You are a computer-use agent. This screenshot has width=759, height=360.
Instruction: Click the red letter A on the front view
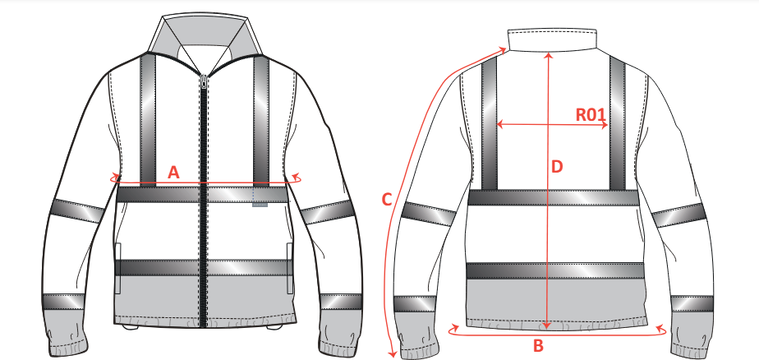(x=173, y=173)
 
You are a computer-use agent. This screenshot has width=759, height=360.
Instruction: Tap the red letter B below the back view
(x=538, y=346)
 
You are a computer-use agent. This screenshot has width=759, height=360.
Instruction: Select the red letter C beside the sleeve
(x=386, y=200)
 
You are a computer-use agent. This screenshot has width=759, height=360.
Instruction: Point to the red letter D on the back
(x=557, y=167)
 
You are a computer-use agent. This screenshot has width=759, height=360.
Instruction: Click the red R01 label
(x=591, y=115)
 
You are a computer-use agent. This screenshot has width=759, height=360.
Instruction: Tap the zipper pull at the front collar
(x=204, y=81)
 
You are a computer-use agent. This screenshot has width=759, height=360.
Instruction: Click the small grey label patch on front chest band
(x=260, y=205)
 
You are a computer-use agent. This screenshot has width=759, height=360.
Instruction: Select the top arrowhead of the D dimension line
(x=548, y=55)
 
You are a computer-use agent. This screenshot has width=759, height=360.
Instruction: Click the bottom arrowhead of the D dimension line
(x=547, y=325)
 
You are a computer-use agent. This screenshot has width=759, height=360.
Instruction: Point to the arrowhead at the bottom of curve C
(x=393, y=353)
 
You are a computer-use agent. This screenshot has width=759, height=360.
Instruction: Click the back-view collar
(x=552, y=39)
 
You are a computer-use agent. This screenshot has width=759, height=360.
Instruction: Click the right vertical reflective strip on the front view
(x=261, y=120)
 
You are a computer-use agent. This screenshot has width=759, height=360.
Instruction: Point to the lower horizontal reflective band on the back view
(x=554, y=271)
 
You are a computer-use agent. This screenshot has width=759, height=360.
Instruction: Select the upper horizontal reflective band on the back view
(x=554, y=198)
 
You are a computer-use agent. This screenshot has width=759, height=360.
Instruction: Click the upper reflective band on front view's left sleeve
(x=77, y=211)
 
